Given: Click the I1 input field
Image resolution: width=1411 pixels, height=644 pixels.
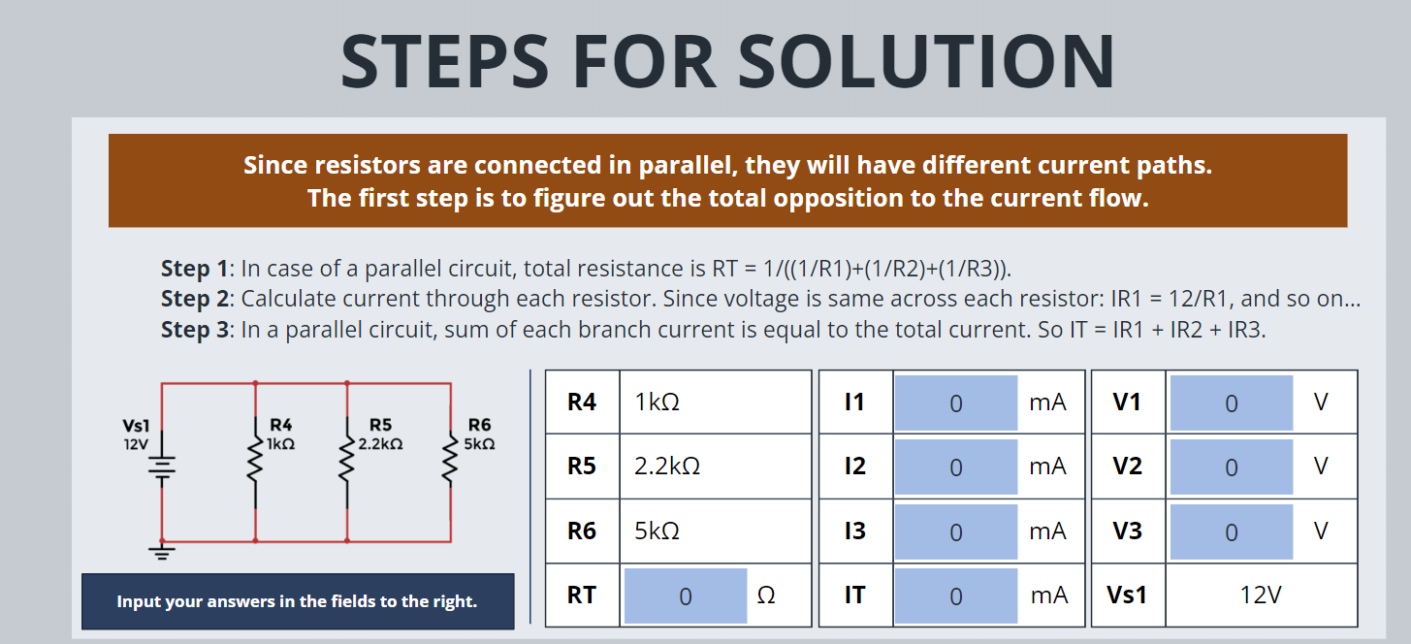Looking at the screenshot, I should pyautogui.click(x=955, y=402).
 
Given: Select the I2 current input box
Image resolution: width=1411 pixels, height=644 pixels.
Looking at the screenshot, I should pyautogui.click(x=955, y=467).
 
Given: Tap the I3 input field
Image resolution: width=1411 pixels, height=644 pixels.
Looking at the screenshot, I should pyautogui.click(x=955, y=531).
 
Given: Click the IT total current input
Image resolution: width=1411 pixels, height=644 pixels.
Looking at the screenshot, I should pyautogui.click(x=955, y=596).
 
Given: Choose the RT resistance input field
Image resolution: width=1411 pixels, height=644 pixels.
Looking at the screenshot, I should pyautogui.click(x=685, y=596).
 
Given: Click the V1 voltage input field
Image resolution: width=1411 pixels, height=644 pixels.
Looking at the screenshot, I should pyautogui.click(x=1231, y=402).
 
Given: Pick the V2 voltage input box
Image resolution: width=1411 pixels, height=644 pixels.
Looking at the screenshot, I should pyautogui.click(x=1231, y=467).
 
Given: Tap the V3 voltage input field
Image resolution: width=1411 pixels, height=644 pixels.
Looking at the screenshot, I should pyautogui.click(x=1231, y=531).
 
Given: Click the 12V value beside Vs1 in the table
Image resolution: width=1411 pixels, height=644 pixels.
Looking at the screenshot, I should pyautogui.click(x=1261, y=596).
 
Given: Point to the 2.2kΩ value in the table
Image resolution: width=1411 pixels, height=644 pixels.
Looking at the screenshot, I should pyautogui.click(x=667, y=467).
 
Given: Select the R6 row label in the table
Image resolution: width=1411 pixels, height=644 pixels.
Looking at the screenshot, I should pyautogui.click(x=582, y=531).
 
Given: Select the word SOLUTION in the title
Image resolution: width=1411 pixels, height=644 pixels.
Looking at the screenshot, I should pyautogui.click(x=927, y=61).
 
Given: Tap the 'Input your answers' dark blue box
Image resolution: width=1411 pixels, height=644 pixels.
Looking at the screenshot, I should pyautogui.click(x=298, y=601).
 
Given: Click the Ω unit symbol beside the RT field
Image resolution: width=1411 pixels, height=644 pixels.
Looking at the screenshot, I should pyautogui.click(x=765, y=596).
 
